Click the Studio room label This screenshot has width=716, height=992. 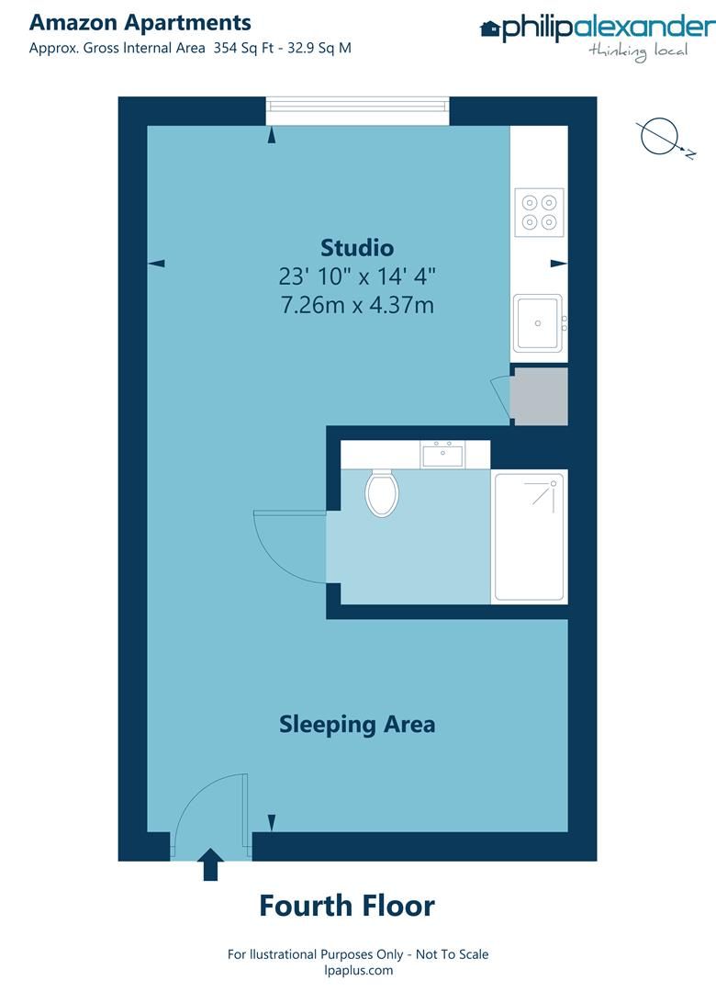tap(357, 248)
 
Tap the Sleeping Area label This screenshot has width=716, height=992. tap(357, 725)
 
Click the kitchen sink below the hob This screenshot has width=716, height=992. tap(538, 322)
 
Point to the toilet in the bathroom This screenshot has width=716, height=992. tap(381, 492)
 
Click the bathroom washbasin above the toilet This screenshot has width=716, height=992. tap(442, 454)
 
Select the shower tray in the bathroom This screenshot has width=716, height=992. tap(529, 537)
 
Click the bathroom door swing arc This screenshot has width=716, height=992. tap(286, 547)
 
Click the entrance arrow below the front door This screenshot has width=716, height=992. tap(210, 864)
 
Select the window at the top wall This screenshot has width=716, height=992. tap(358, 111)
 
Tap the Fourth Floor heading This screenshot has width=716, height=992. tap(347, 907)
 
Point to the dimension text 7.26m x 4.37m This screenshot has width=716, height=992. tap(357, 305)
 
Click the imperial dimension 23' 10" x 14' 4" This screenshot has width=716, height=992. tap(357, 276)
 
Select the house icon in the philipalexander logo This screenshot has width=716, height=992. tap(489, 29)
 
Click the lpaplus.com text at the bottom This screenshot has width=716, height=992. tap(358, 970)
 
